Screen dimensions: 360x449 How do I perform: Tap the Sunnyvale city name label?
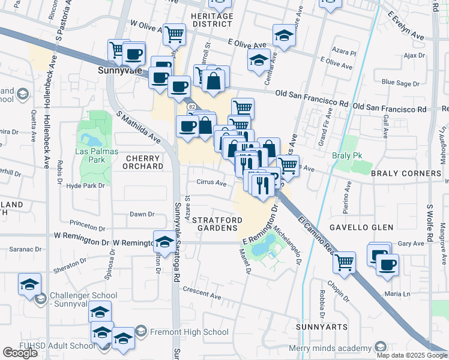click(119, 70)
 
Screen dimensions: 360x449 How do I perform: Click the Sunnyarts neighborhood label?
click(322, 327)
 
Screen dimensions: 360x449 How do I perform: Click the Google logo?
click(20, 353)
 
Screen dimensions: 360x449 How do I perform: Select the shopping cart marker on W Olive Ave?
click(174, 35)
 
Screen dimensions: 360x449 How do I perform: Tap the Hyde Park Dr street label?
click(86, 186)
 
